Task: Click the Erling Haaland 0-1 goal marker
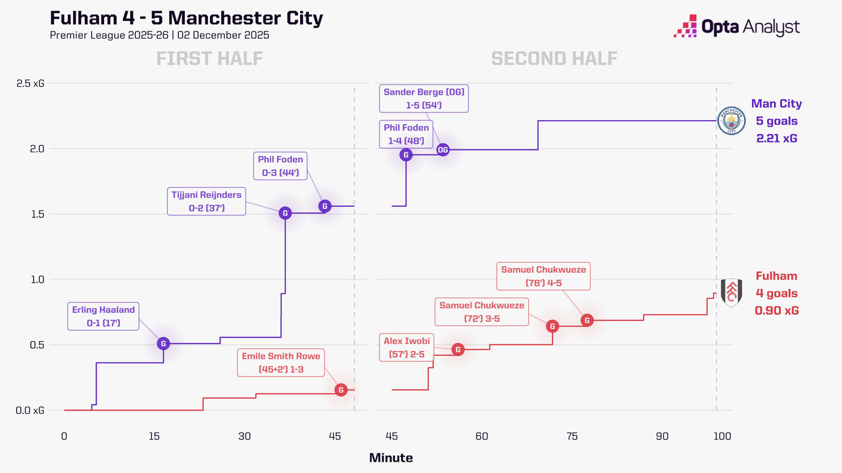pyautogui.click(x=163, y=343)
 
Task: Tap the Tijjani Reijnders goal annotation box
pyautogui.click(x=206, y=202)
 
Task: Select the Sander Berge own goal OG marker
pyautogui.click(x=443, y=150)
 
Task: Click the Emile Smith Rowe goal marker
pyautogui.click(x=341, y=390)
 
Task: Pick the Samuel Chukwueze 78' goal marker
pyautogui.click(x=587, y=320)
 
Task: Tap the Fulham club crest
pyautogui.click(x=731, y=293)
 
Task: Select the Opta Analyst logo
pyautogui.click(x=737, y=28)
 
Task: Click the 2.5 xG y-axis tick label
pyautogui.click(x=30, y=83)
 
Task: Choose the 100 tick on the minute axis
pyautogui.click(x=722, y=436)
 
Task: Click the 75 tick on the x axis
pyautogui.click(x=572, y=436)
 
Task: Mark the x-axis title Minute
pyautogui.click(x=391, y=458)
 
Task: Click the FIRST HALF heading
pyautogui.click(x=209, y=58)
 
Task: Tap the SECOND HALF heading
pyautogui.click(x=554, y=58)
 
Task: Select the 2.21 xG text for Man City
pyautogui.click(x=777, y=138)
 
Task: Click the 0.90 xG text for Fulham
pyautogui.click(x=777, y=311)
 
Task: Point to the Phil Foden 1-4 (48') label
pyautogui.click(x=405, y=134)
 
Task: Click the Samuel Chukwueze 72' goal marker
pyautogui.click(x=553, y=326)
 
